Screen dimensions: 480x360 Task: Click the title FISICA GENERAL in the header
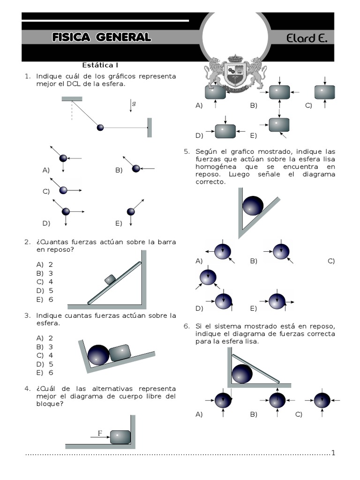(x=102, y=37)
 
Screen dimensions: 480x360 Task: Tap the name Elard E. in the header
(x=307, y=38)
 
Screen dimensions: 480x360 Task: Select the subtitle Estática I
(x=103, y=65)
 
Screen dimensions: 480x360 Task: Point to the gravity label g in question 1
(x=134, y=104)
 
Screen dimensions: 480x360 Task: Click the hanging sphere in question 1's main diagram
(x=100, y=127)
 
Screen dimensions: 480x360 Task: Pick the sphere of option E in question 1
(x=131, y=212)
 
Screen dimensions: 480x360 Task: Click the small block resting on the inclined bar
(x=110, y=279)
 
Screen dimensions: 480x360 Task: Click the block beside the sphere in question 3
(x=120, y=353)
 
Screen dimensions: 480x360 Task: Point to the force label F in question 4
(x=99, y=434)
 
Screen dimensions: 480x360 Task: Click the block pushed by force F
(x=120, y=437)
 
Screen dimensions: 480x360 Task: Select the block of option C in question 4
(x=325, y=92)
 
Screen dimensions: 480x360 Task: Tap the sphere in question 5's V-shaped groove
(x=253, y=205)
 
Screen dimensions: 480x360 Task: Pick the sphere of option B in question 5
(x=281, y=252)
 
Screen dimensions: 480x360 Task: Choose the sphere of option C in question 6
(x=322, y=400)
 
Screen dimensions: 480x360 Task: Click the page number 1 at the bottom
(x=333, y=453)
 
